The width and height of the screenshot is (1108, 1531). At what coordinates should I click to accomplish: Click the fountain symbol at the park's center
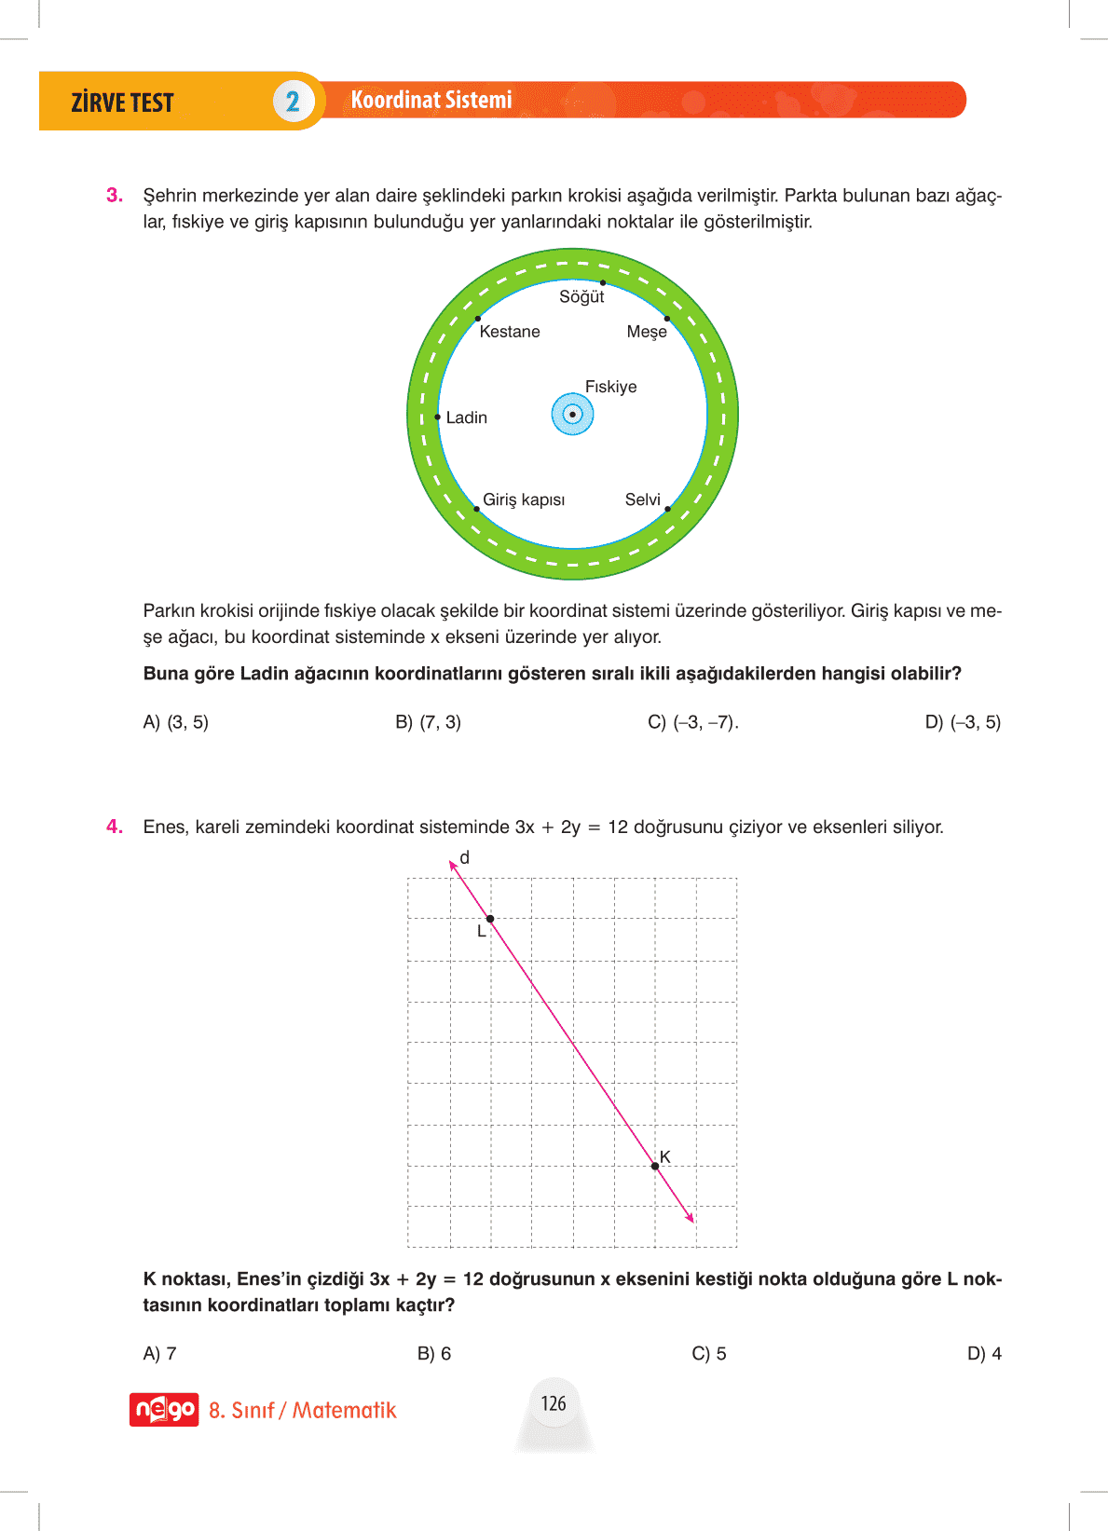click(x=573, y=415)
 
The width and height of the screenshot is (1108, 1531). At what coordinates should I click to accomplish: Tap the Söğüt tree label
click(x=581, y=297)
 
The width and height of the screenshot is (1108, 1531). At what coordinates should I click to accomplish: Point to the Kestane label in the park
click(x=510, y=332)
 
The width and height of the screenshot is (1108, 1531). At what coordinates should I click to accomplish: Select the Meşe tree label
click(x=647, y=332)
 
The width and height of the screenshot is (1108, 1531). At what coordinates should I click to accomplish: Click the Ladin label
click(x=466, y=417)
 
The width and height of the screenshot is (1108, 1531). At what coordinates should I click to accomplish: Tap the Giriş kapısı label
click(x=524, y=499)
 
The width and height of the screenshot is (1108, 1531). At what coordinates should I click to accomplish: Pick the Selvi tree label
click(x=642, y=499)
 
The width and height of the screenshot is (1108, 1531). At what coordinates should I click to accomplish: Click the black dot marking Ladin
click(x=438, y=417)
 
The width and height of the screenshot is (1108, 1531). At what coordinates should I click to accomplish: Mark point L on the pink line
click(x=490, y=920)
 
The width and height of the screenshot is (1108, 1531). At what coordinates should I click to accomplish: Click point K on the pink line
click(x=655, y=1166)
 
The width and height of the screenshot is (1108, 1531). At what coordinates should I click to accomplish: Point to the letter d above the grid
click(x=465, y=857)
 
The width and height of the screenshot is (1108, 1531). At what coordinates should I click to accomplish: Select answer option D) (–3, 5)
click(x=963, y=722)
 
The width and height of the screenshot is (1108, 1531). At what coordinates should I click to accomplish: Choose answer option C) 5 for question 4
click(x=709, y=1354)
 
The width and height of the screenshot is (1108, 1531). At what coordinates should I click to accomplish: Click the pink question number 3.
click(x=115, y=196)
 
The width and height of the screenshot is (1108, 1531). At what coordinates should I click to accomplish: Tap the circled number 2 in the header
click(x=293, y=102)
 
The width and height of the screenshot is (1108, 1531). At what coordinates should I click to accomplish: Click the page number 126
click(x=554, y=1403)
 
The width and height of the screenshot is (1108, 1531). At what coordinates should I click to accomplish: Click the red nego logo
click(x=164, y=1410)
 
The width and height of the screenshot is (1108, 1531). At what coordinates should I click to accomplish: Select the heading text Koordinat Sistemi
click(x=431, y=101)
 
